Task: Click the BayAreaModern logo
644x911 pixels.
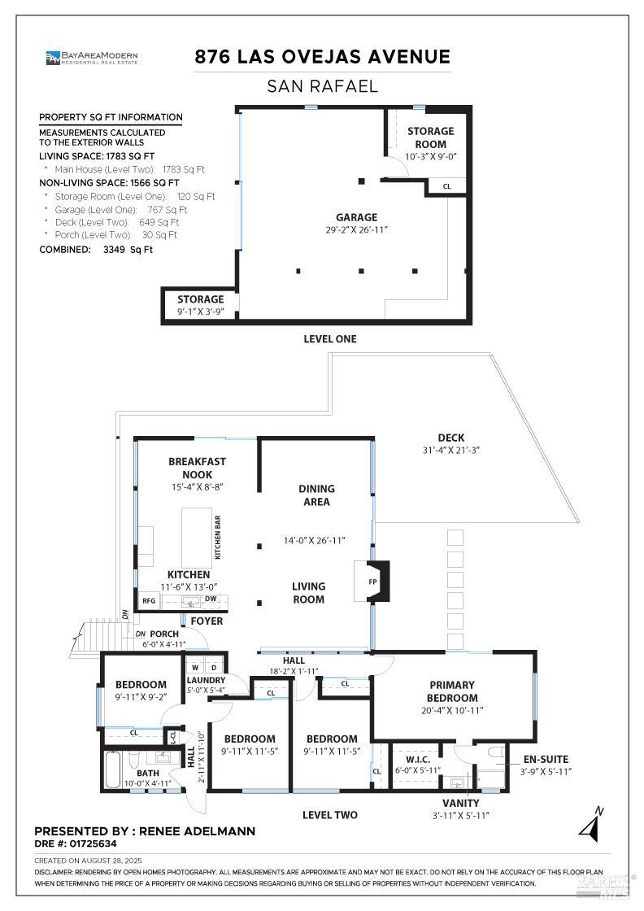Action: (92, 57)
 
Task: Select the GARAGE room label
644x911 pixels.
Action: (357, 217)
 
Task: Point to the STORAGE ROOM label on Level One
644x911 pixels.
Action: (430, 137)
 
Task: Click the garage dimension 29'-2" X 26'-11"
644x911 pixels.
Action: (357, 230)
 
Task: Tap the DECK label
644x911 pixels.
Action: (450, 438)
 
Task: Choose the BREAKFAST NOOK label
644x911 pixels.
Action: (197, 468)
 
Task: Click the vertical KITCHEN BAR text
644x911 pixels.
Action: (218, 538)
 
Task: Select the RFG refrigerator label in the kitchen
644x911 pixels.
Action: (149, 601)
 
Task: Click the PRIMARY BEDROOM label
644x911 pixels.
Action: (453, 691)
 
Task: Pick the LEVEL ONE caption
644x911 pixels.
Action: (329, 339)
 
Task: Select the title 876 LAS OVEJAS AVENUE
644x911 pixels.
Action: (322, 57)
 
